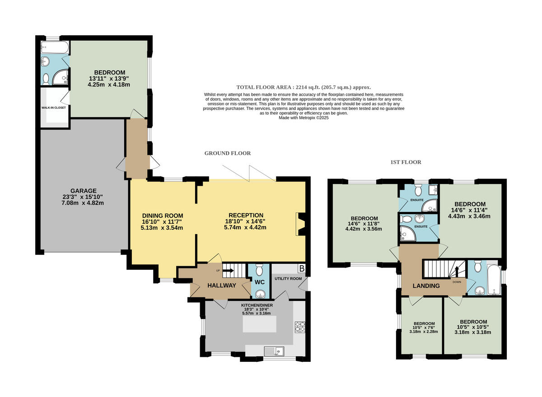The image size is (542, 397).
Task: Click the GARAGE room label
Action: pos(84,191)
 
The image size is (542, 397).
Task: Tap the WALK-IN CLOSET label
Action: pos(53,108)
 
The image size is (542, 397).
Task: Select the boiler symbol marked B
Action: pos(302,268)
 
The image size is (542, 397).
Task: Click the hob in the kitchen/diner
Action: pos(300,327)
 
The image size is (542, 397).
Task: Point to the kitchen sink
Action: pos(274,351)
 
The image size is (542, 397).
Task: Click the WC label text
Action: pos(259,282)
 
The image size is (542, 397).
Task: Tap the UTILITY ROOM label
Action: pos(288,279)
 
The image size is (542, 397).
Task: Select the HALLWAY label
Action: pos(222,286)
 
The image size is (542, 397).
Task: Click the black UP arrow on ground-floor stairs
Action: pos(228,271)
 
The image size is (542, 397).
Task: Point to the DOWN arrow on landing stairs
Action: pos(457,271)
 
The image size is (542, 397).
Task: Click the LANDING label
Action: pos(426,286)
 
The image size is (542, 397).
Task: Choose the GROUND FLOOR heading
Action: pos(228,153)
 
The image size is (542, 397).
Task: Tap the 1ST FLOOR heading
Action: pos(406,162)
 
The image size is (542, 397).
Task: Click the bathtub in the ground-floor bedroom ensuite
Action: pos(55,47)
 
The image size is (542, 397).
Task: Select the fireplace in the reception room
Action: pos(301,224)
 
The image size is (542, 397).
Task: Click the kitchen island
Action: pos(259,324)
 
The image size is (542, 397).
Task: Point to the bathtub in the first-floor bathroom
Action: pos(494,280)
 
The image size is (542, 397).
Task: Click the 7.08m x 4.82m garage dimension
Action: pos(83,203)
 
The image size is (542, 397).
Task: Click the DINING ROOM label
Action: pos(163,216)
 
